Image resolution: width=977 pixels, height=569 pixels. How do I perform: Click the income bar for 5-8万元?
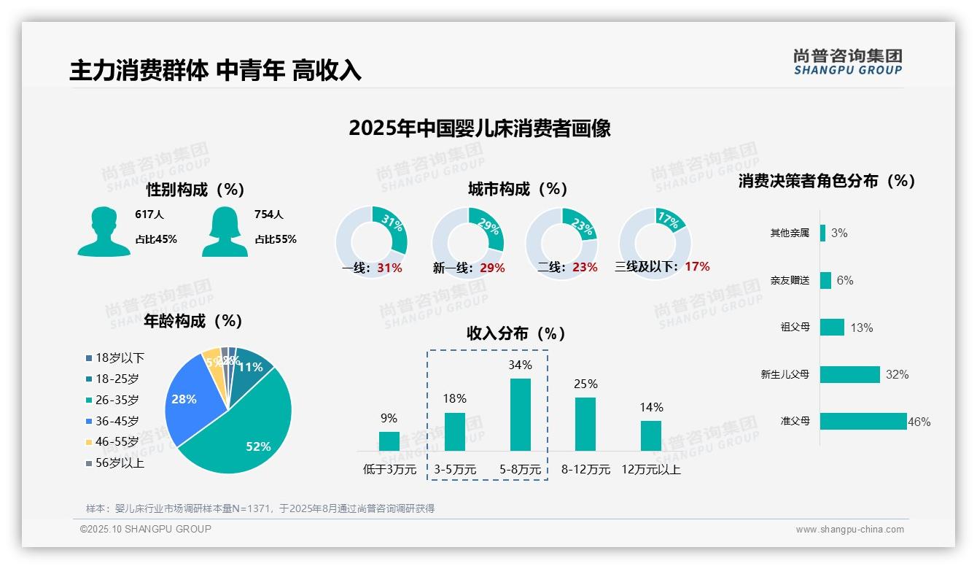[x=520, y=414]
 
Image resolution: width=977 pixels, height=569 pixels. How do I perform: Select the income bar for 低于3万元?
[x=389, y=441]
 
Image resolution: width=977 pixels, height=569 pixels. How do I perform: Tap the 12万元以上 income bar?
[x=651, y=436]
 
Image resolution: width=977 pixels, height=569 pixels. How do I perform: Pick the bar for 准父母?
[x=863, y=421]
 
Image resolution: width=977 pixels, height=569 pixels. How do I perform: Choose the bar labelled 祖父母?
[x=832, y=327]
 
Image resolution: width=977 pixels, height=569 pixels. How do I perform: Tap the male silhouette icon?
[x=104, y=232]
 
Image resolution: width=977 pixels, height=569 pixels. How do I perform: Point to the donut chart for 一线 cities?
[x=371, y=241]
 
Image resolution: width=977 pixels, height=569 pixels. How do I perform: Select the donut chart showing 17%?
[x=654, y=241]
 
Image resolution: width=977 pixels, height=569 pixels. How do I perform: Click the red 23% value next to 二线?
[x=585, y=267]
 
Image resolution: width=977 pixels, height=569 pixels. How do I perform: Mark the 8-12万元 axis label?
[x=585, y=469]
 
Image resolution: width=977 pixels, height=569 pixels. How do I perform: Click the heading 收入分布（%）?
[x=516, y=333]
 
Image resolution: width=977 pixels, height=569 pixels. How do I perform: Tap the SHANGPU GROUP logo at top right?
[x=847, y=62]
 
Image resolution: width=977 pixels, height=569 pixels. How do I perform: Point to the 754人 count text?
[x=268, y=214]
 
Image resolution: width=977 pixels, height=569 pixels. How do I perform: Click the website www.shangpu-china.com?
[x=849, y=530]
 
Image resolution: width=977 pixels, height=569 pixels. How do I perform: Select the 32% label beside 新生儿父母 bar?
[x=897, y=374]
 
